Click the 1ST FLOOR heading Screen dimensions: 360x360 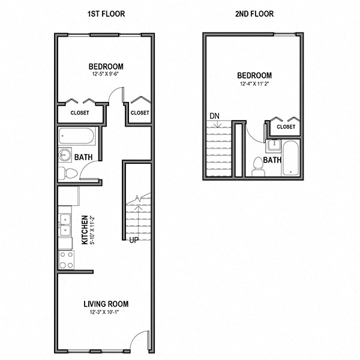[x=106, y=14]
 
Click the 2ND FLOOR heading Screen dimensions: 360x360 [x=254, y=14]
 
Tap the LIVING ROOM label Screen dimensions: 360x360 [x=106, y=304]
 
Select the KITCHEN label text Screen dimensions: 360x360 [x=85, y=230]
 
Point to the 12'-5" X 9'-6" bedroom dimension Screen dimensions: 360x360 [x=105, y=74]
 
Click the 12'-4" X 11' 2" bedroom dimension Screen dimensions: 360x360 [x=254, y=83]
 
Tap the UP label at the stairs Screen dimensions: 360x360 [x=134, y=240]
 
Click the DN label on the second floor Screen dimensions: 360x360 [x=214, y=116]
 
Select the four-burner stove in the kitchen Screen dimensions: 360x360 [x=67, y=260]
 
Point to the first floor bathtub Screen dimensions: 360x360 [x=76, y=136]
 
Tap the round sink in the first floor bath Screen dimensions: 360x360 [x=65, y=155]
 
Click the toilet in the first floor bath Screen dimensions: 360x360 [x=68, y=173]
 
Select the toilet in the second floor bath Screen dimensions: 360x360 [x=258, y=167]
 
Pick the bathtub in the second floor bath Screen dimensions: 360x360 [x=290, y=158]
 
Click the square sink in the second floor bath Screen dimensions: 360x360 [x=274, y=145]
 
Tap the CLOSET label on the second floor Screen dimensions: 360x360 [x=286, y=127]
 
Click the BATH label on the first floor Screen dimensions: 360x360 [x=83, y=157]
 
